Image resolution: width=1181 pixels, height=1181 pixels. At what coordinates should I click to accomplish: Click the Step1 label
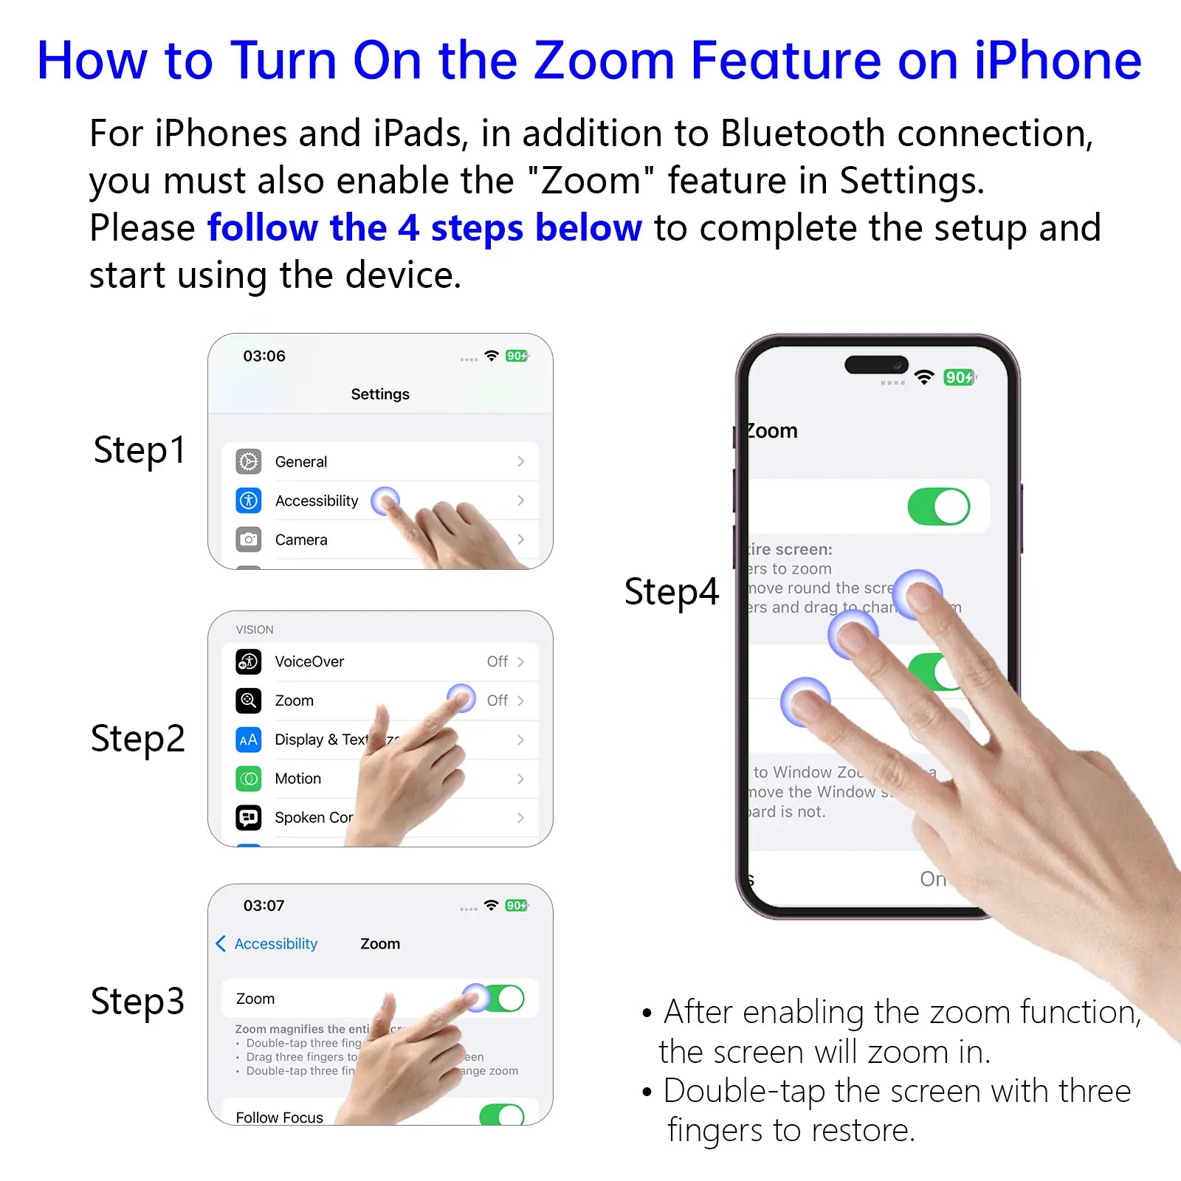click(x=140, y=450)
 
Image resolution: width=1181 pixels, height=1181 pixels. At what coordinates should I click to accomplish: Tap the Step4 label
click(x=671, y=592)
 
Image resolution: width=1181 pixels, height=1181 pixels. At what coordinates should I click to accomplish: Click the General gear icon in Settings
click(x=249, y=461)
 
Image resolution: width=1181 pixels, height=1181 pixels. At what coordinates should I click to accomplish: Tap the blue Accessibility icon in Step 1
click(x=249, y=500)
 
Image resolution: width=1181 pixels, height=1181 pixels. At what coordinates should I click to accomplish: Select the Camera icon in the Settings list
click(x=249, y=540)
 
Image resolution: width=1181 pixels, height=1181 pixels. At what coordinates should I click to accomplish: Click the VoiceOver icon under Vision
click(x=249, y=661)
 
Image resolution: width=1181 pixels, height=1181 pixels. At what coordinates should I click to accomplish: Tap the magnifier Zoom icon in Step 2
click(x=249, y=700)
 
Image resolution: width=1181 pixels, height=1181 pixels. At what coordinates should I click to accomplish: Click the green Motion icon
click(x=249, y=779)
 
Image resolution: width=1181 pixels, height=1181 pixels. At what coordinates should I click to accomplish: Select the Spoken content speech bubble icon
click(x=249, y=818)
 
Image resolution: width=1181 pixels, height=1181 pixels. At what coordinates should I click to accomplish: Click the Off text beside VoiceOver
click(x=497, y=661)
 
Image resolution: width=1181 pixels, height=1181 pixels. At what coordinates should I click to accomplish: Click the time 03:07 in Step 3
click(x=264, y=906)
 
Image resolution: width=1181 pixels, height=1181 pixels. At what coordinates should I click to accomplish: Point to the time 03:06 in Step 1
click(x=264, y=356)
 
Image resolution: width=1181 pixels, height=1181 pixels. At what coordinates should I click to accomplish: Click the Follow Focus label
click(x=279, y=1118)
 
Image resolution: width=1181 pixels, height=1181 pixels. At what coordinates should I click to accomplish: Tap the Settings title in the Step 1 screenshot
click(x=380, y=394)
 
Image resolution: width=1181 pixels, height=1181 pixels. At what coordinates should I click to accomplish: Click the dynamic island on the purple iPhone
click(x=876, y=365)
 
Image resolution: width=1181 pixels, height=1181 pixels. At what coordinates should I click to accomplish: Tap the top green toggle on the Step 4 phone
click(x=938, y=507)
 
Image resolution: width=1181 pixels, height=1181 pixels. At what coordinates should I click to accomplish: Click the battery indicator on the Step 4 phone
click(x=959, y=378)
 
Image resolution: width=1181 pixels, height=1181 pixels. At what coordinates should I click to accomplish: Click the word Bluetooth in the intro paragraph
click(x=802, y=134)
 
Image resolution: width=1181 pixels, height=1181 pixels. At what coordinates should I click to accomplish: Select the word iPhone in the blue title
click(x=1057, y=61)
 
